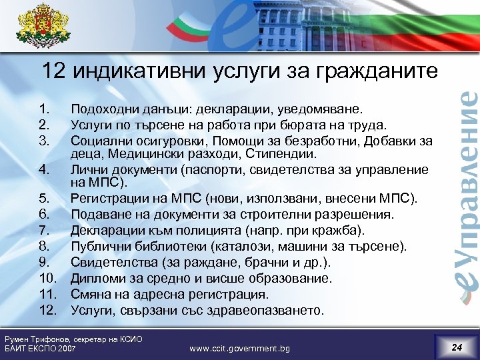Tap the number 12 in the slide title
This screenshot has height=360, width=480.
coord(54,70)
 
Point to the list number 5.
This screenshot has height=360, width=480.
coord(43,197)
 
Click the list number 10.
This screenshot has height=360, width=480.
coord(47,278)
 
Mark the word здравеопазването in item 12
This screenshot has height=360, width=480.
coord(263,310)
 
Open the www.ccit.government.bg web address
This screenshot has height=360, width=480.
coord(239,348)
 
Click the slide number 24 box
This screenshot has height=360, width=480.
coord(456,347)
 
